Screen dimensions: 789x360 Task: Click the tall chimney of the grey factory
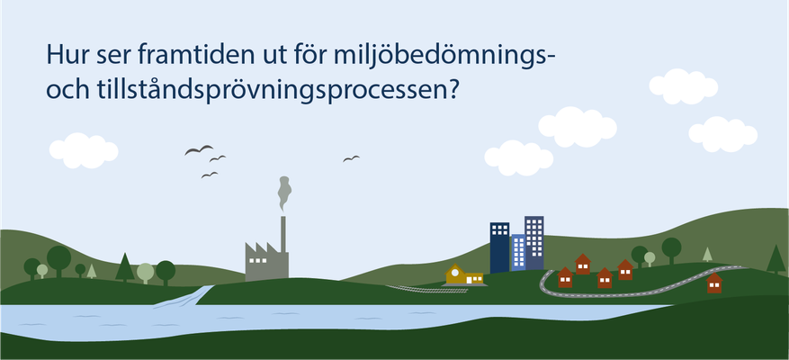click(283, 235)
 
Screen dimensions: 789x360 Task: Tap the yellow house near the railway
click(464, 274)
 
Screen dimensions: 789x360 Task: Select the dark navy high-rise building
click(499, 247)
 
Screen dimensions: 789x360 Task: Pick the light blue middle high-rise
click(518, 253)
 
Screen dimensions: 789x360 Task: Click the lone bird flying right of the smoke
click(351, 158)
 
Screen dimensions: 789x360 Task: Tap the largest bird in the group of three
click(199, 149)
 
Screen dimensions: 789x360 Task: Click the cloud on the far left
click(84, 150)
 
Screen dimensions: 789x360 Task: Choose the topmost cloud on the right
click(684, 86)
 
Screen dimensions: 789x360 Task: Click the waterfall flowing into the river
click(184, 297)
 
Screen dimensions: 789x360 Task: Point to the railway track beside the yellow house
click(426, 289)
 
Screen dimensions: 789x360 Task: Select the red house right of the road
click(714, 283)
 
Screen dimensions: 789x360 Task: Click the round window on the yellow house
click(455, 273)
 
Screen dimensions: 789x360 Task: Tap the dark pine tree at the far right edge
click(776, 259)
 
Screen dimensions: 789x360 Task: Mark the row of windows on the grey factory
click(257, 260)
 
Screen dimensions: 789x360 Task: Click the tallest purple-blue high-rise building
click(533, 243)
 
